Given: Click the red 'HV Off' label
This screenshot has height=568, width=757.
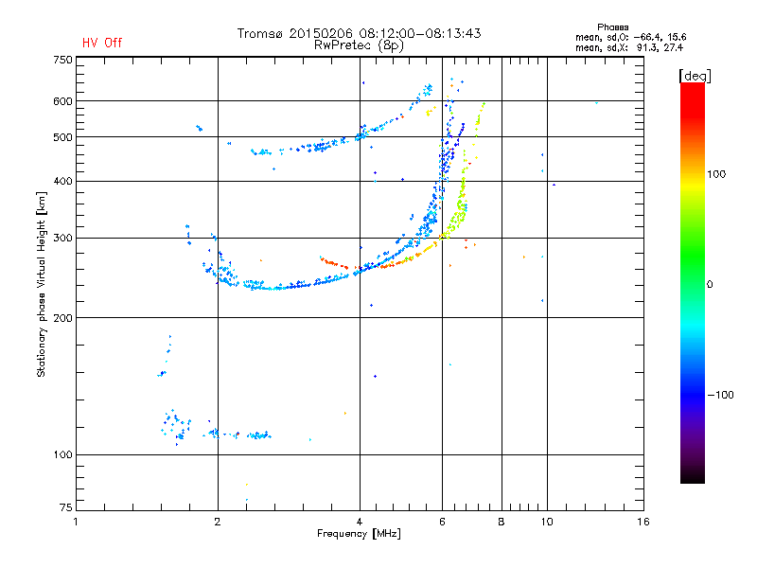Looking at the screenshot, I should [x=102, y=43].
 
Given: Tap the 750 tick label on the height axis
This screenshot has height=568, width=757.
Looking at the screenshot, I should [x=62, y=60].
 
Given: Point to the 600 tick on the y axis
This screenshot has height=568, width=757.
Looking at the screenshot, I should [x=62, y=101].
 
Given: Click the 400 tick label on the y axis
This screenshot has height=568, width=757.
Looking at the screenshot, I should [x=62, y=181].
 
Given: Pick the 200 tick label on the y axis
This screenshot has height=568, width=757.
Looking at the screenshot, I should [x=62, y=318].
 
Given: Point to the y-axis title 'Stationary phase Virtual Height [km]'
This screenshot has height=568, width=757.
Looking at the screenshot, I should [x=42, y=284].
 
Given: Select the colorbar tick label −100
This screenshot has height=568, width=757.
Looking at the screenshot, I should [x=722, y=395].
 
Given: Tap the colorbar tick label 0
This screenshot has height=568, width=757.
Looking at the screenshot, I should [x=710, y=284].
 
